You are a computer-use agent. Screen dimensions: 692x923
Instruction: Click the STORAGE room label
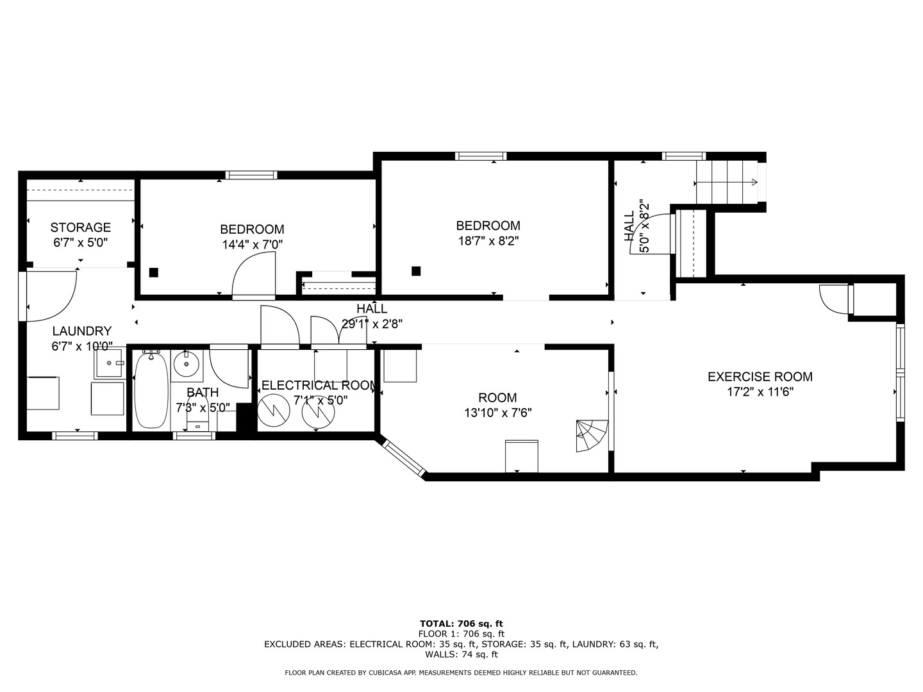pyautogui.click(x=80, y=227)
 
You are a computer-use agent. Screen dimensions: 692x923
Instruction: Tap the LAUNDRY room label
pyautogui.click(x=81, y=331)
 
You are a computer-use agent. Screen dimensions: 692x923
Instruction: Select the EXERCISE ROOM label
pyautogui.click(x=760, y=377)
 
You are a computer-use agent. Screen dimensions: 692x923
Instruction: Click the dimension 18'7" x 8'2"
pyautogui.click(x=488, y=242)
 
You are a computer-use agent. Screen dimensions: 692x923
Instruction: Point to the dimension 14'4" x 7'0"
pyautogui.click(x=252, y=245)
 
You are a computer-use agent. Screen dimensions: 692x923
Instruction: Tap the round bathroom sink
pyautogui.click(x=187, y=365)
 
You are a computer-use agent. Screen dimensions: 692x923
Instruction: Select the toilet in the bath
pyautogui.click(x=197, y=418)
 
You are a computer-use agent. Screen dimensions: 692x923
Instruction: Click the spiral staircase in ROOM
pyautogui.click(x=591, y=436)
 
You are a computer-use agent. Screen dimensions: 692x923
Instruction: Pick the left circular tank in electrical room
pyautogui.click(x=273, y=408)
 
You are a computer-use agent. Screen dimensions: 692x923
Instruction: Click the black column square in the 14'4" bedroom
pyautogui.click(x=153, y=272)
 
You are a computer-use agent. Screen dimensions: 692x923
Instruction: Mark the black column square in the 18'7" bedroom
pyautogui.click(x=416, y=271)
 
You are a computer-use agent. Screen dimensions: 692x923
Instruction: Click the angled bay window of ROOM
pyautogui.click(x=402, y=457)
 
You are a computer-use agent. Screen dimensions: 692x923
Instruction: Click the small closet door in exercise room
pyautogui.click(x=834, y=299)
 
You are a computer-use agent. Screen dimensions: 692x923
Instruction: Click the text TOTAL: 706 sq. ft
pyautogui.click(x=461, y=623)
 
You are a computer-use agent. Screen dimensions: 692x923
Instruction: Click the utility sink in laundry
pyautogui.click(x=110, y=364)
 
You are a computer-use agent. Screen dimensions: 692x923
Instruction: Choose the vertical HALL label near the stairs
pyautogui.click(x=629, y=226)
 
